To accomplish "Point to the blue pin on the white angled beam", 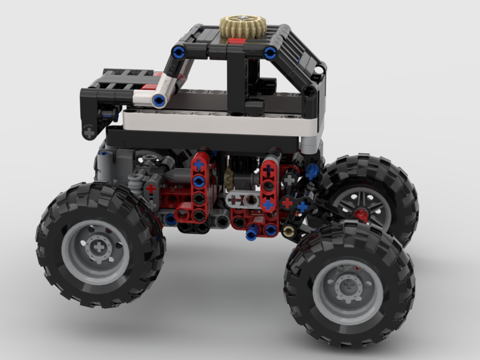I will click(x=159, y=100).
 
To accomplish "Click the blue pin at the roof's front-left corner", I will click(x=178, y=53).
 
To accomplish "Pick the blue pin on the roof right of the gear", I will click(x=271, y=53).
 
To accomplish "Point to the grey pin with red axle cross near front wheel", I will click(x=151, y=188).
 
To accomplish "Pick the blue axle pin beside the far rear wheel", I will click(x=311, y=171).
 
